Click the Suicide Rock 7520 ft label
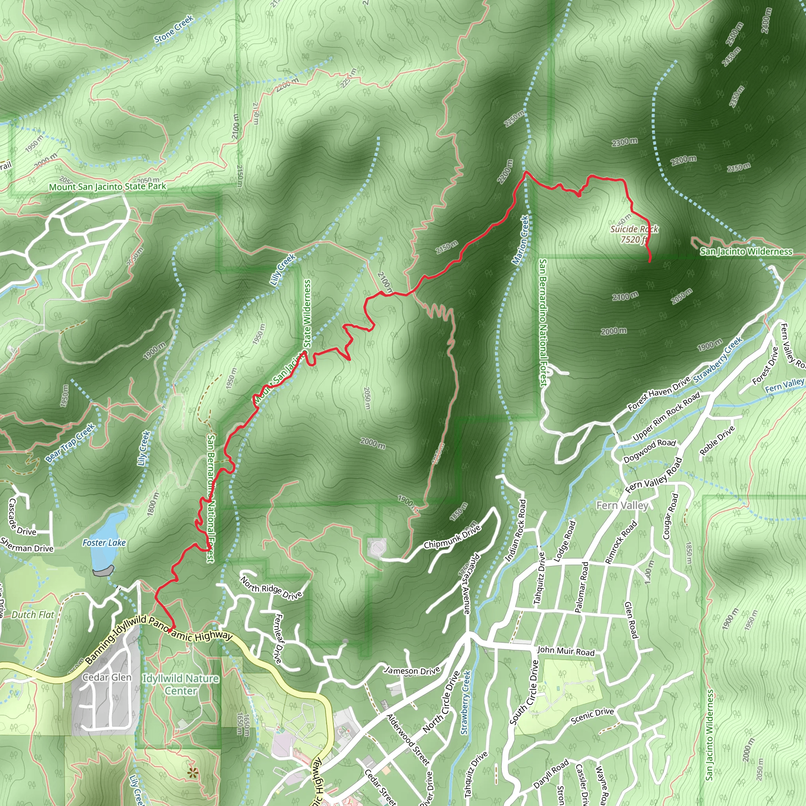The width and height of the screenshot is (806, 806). (634, 234)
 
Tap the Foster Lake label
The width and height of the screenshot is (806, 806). (104, 543)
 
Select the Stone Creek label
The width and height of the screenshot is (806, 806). (174, 29)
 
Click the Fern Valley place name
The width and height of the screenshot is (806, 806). (622, 506)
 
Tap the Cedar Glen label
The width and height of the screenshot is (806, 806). (107, 677)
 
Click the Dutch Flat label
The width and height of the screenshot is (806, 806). (33, 614)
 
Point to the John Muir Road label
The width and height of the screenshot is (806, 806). (565, 651)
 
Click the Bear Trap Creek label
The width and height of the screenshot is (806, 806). (70, 443)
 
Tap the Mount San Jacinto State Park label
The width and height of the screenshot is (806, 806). (107, 187)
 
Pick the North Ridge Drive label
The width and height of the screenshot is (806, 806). (271, 588)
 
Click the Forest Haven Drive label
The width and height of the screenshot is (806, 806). (659, 394)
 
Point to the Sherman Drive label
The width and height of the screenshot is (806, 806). (27, 545)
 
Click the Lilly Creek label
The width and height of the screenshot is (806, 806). (283, 269)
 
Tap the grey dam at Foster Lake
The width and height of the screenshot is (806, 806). (103, 570)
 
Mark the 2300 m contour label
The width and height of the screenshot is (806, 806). (625, 142)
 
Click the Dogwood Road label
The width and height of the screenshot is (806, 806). (649, 451)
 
